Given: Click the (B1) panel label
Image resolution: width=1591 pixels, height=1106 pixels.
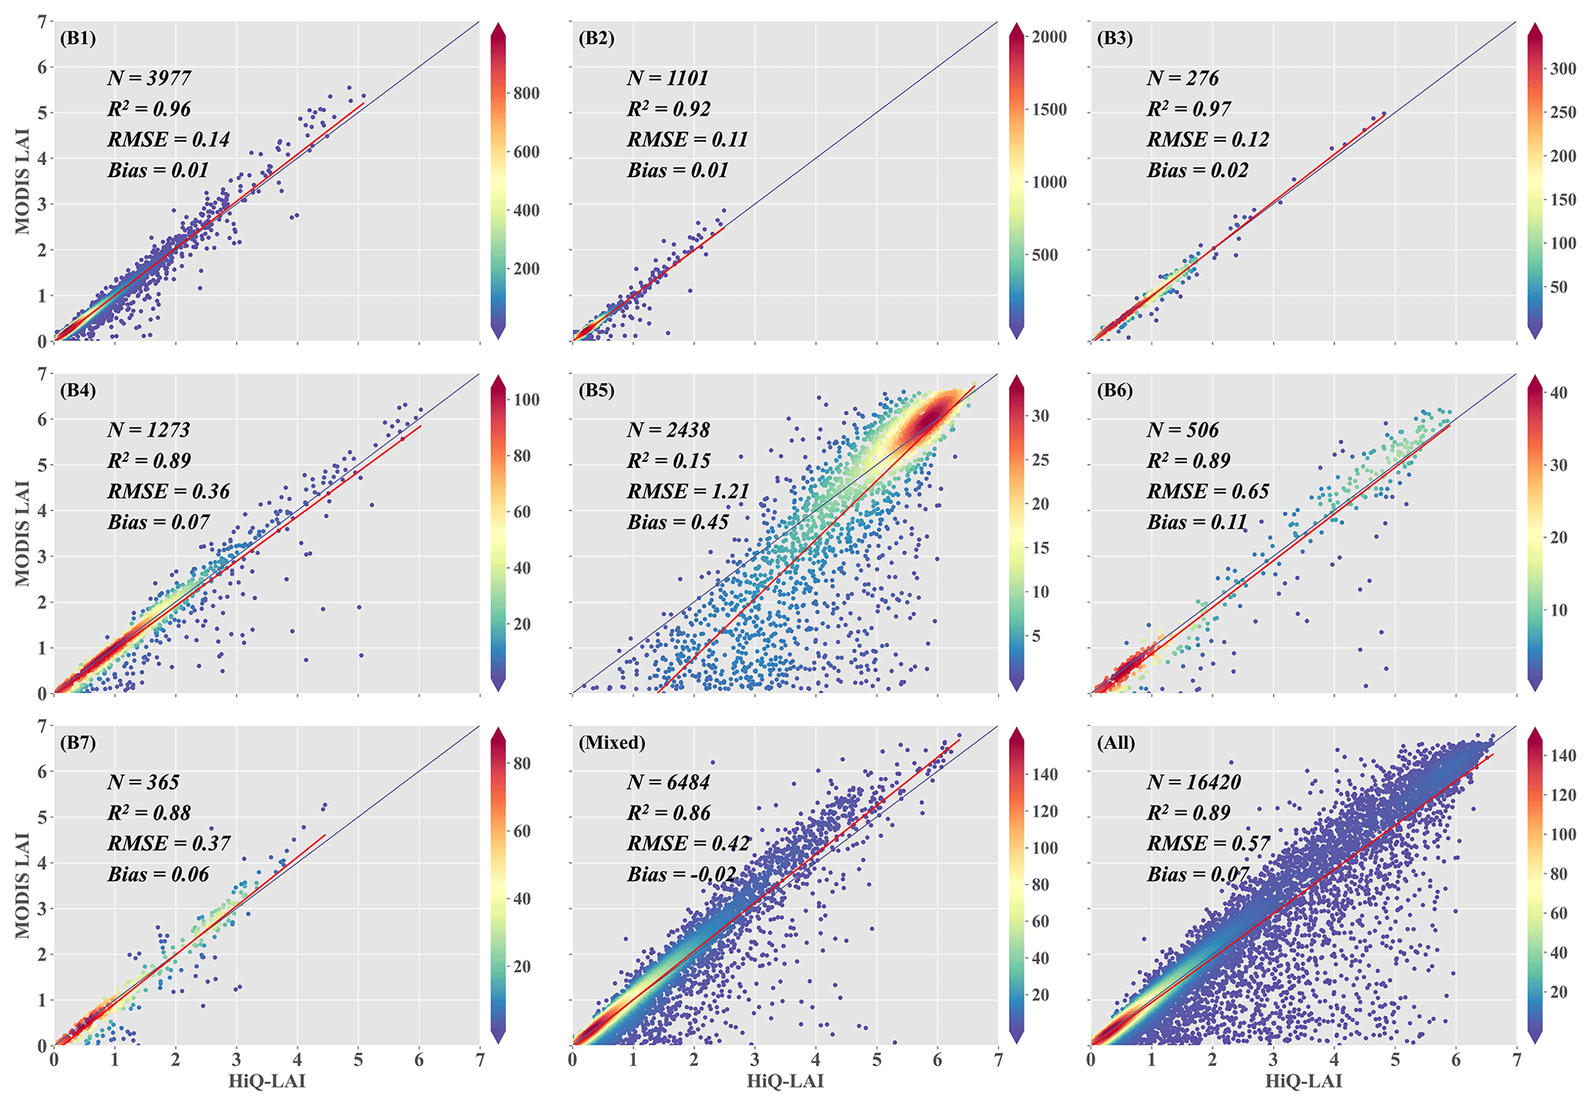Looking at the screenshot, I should click(78, 38).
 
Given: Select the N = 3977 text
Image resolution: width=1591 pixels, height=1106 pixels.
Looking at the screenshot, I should click(149, 78).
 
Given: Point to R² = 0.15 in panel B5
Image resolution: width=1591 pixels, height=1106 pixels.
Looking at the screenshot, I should click(668, 460).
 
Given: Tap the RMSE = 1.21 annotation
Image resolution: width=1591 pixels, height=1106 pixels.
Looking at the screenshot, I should click(687, 491).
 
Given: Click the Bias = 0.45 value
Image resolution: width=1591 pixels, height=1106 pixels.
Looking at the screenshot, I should click(677, 522).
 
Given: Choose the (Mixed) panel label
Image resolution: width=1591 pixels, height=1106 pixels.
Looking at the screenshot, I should click(612, 743).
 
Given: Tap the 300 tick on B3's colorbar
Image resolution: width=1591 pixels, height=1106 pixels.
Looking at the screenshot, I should click(1562, 68).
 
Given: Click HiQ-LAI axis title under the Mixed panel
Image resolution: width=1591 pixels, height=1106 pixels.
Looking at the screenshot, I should click(785, 1081).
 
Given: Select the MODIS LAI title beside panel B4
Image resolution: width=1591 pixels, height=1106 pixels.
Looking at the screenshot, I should click(24, 533).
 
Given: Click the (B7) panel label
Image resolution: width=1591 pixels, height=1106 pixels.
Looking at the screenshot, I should click(78, 743).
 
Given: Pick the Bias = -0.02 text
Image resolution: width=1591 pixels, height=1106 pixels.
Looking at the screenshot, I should click(681, 874).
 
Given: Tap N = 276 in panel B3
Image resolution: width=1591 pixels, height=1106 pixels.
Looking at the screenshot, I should click(1182, 78).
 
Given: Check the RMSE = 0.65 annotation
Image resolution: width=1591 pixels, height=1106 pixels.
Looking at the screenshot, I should click(1208, 491).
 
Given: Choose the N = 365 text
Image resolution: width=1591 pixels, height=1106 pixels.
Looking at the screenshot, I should click(143, 782).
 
